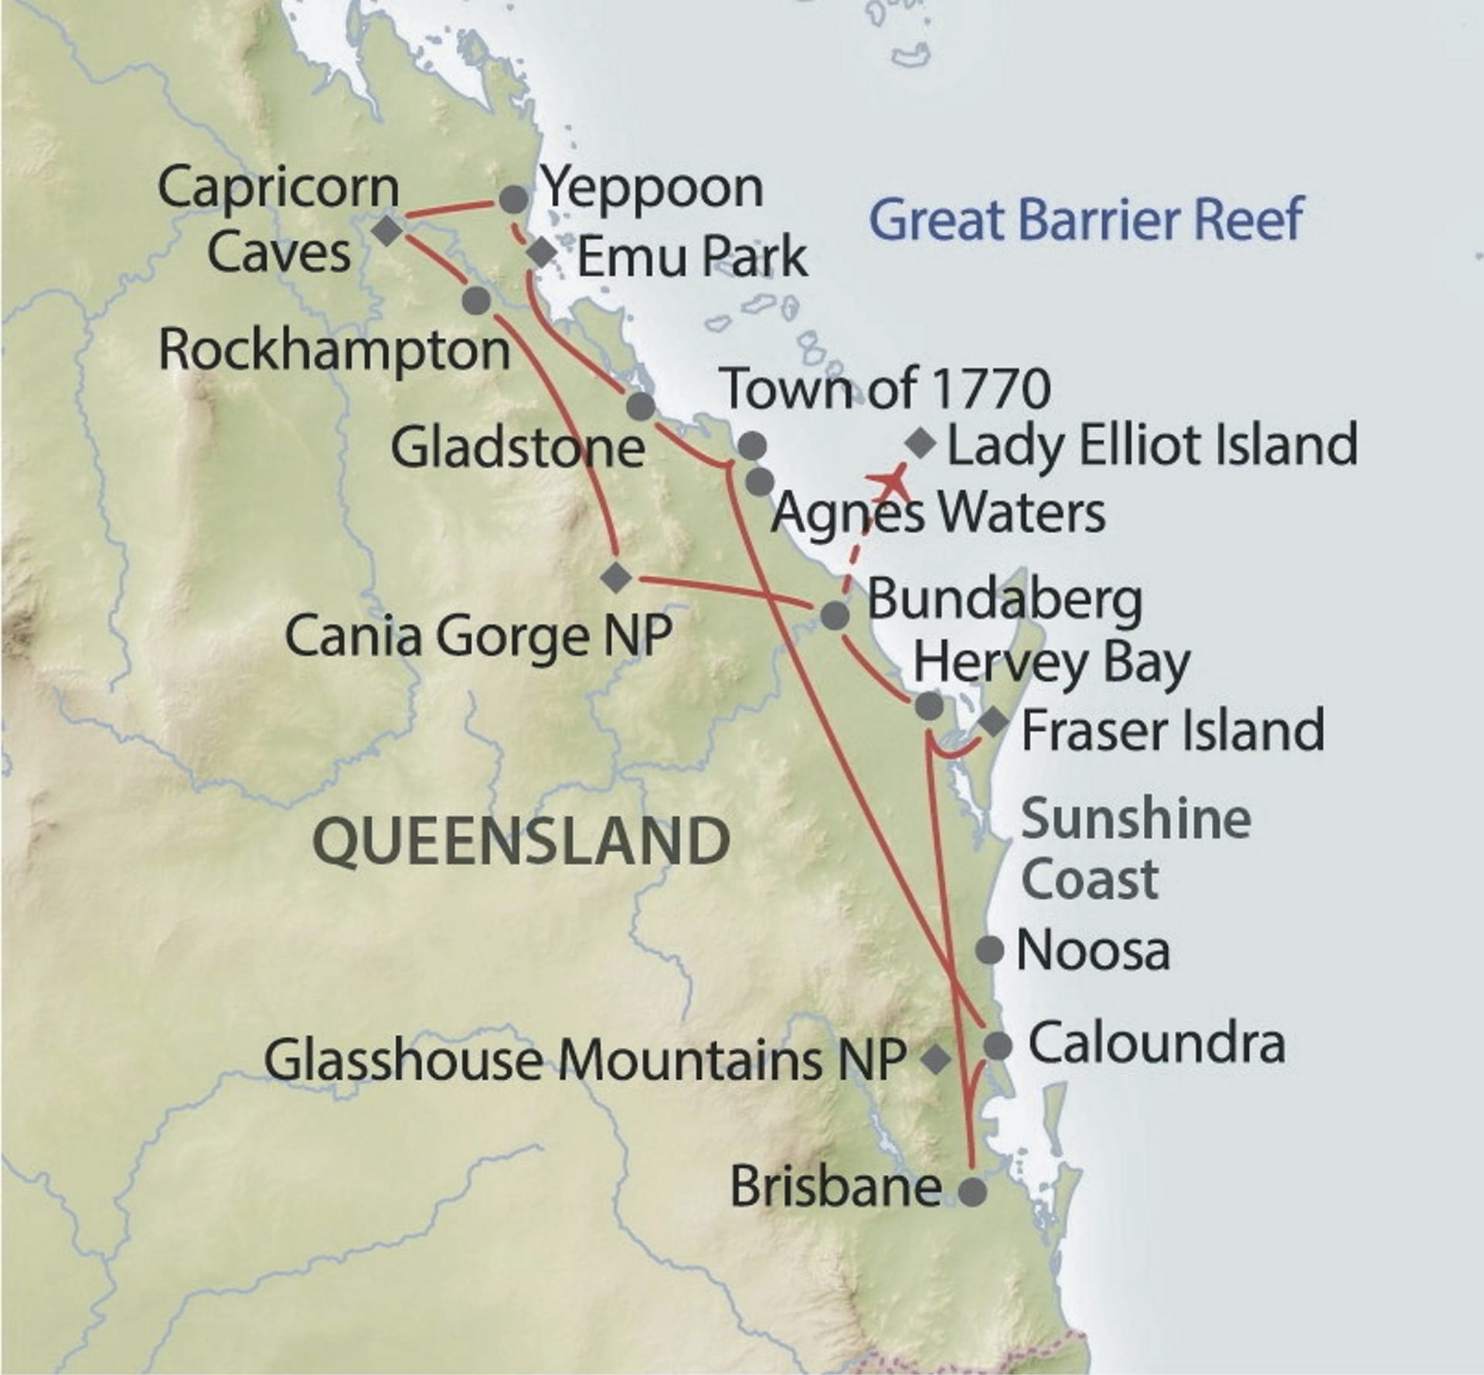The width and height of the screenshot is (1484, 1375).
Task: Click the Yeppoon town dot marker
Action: coord(514,200)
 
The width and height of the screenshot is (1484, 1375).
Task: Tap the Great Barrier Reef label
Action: coord(1087,219)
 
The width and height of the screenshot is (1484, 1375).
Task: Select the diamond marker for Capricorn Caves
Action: coord(387,230)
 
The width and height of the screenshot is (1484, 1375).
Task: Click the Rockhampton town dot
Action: coord(476,300)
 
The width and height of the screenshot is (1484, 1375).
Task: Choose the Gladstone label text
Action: coord(517,448)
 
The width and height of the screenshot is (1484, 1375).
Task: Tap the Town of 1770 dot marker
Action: coord(752,445)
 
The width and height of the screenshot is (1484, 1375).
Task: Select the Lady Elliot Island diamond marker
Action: coord(921,444)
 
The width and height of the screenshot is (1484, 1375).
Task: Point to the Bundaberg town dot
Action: coord(835,616)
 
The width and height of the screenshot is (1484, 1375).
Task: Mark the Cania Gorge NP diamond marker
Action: coord(616,577)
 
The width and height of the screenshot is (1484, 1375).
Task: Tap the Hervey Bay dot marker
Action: coord(929,706)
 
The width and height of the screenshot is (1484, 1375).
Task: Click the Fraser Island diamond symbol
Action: coord(993,723)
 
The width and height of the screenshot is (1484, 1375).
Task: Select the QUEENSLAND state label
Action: coord(522,841)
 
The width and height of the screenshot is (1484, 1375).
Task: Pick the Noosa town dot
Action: coord(990,949)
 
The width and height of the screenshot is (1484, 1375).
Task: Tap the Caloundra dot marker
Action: coord(997,1047)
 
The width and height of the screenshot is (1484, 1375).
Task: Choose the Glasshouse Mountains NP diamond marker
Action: coord(936,1059)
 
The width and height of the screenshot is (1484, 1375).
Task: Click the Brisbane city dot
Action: coord(972,1192)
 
